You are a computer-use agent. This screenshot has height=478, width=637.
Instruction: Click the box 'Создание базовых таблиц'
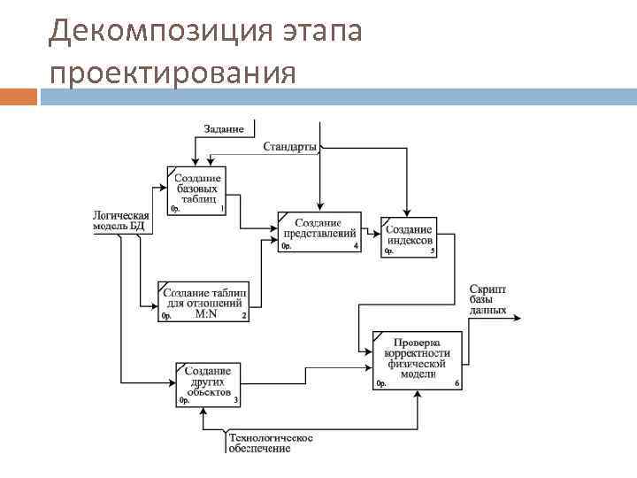click(x=196, y=190)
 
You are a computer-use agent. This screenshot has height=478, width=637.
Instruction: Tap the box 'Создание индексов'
click(x=410, y=236)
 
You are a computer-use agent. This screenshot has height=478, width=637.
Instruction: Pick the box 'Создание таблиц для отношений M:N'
click(x=203, y=301)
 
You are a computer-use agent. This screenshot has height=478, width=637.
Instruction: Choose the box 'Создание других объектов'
click(x=209, y=383)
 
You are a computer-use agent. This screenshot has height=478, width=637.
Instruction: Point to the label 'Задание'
click(x=224, y=128)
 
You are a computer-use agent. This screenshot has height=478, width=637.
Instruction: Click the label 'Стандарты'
click(x=289, y=146)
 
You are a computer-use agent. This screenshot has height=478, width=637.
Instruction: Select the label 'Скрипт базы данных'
click(x=487, y=300)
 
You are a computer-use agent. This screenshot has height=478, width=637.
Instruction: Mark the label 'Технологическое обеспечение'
click(x=271, y=443)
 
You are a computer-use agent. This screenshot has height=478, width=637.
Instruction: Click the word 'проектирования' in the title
click(x=173, y=73)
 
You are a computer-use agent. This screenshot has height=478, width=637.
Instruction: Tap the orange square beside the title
click(x=19, y=96)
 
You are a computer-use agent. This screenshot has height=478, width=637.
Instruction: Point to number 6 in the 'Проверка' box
click(x=457, y=383)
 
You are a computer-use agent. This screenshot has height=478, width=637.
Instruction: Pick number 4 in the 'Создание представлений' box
click(x=356, y=246)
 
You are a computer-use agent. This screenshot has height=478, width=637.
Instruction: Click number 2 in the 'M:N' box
click(x=243, y=316)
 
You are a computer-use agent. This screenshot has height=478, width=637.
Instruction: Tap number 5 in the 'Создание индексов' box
click(x=433, y=251)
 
